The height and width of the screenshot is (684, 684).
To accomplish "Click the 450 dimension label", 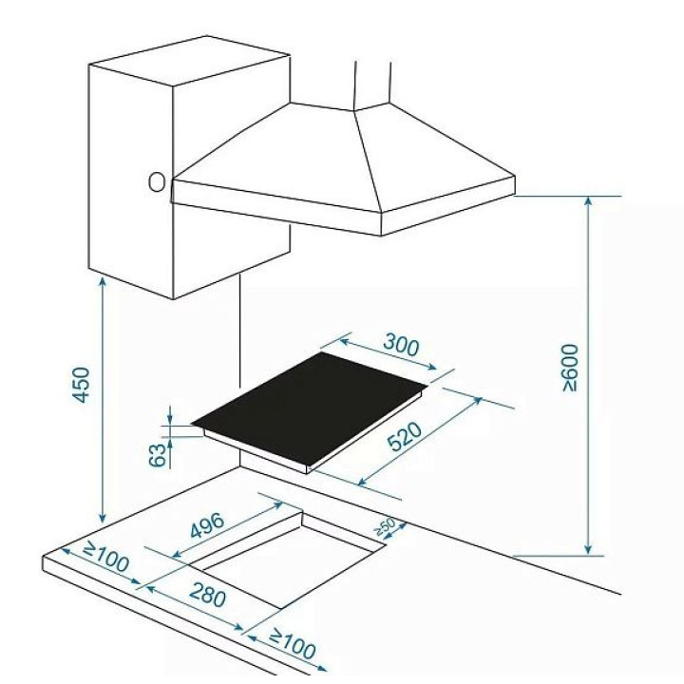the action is click(81, 385).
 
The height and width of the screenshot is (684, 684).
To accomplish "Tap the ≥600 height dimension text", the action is click(571, 368).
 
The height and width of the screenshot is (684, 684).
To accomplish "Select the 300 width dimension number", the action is click(401, 345).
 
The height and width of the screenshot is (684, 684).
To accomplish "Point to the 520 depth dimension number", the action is click(405, 436).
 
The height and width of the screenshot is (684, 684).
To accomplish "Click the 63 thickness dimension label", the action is click(158, 454).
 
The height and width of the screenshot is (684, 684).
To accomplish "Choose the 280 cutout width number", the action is click(208, 595).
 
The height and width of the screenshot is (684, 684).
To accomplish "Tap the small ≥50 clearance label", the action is click(385, 526).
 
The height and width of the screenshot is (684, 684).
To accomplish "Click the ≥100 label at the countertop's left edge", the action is click(105, 557).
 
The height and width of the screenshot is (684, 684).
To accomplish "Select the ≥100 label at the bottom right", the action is click(293, 644).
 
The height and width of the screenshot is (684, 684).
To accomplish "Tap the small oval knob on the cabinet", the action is click(157, 182).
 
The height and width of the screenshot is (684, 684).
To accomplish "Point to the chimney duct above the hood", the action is click(372, 85).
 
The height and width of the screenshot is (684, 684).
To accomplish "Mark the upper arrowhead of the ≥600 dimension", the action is click(588, 201).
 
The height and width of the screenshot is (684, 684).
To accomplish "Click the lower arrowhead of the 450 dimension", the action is click(103, 518).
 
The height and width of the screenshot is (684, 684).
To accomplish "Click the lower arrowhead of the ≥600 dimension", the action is click(588, 550).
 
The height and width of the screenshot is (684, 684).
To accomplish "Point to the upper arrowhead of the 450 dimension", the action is click(103, 282).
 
